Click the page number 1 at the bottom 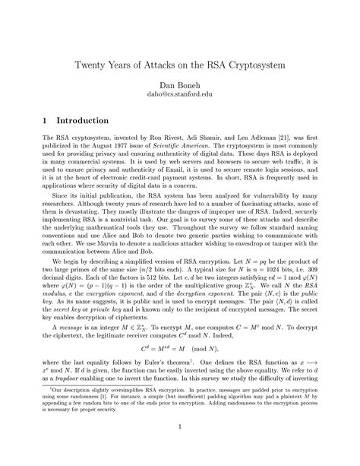click(x=180, y=449)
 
